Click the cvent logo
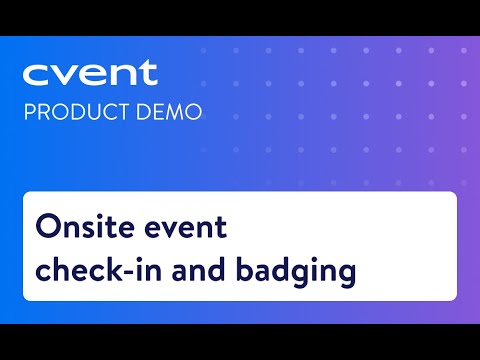(x=90, y=74)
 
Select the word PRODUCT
(x=70, y=109)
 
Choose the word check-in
(x=92, y=270)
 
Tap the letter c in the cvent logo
(x=36, y=76)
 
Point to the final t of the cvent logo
(x=148, y=73)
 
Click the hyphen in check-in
(x=129, y=272)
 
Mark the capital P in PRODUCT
(x=29, y=109)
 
